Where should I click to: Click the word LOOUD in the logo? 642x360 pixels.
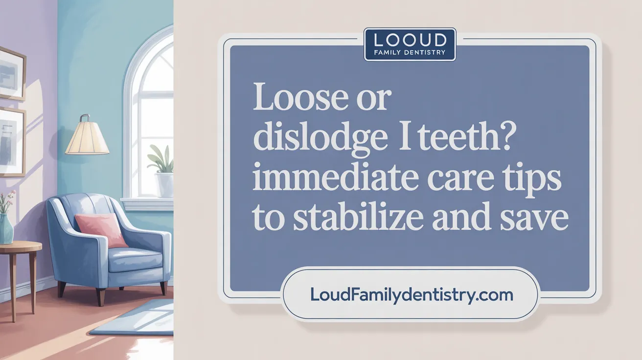410,40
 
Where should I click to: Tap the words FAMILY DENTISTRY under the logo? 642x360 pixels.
410,52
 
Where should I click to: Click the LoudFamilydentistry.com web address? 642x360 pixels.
412,295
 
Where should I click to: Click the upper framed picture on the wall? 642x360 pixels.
11,73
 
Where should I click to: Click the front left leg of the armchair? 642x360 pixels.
62,289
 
